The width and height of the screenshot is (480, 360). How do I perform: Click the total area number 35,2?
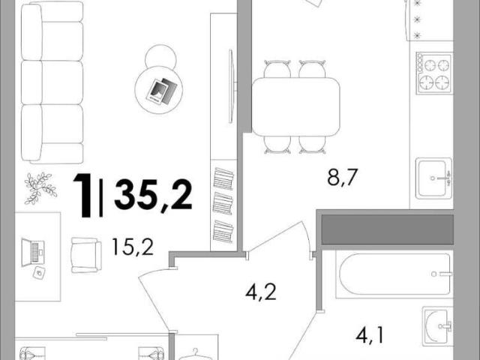pyautogui.click(x=153, y=195)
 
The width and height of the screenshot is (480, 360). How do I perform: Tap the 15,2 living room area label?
pyautogui.click(x=133, y=247)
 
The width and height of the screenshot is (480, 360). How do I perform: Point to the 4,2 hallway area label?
pyautogui.click(x=261, y=292)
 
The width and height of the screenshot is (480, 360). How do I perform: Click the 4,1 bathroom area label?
pyautogui.click(x=369, y=335)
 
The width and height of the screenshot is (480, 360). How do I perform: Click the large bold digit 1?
pyautogui.click(x=82, y=195)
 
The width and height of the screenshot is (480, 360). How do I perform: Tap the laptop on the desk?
pyautogui.click(x=33, y=253)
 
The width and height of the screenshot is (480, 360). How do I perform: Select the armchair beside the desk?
pyautogui.click(x=86, y=255)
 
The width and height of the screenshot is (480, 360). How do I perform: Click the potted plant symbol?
pyautogui.click(x=40, y=188)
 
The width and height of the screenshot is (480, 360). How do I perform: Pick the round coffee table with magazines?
pyautogui.click(x=159, y=90)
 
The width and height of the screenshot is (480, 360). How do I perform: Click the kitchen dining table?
pyautogui.click(x=296, y=106)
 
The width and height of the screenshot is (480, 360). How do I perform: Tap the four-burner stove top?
pyautogui.click(x=433, y=73)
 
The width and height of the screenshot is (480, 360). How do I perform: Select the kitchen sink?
pyautogui.click(x=433, y=178)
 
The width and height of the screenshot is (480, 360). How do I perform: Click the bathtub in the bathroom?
pyautogui.click(x=394, y=274)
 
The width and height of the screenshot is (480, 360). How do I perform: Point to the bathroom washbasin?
pyautogui.click(x=438, y=327)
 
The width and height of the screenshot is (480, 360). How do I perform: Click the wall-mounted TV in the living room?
pyautogui.click(x=232, y=85)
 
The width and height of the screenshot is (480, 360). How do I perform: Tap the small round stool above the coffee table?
pyautogui.click(x=160, y=58)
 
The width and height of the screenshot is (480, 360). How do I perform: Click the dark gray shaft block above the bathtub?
pyautogui.click(x=388, y=229)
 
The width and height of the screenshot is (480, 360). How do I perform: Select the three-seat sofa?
pyautogui.click(x=52, y=82)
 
